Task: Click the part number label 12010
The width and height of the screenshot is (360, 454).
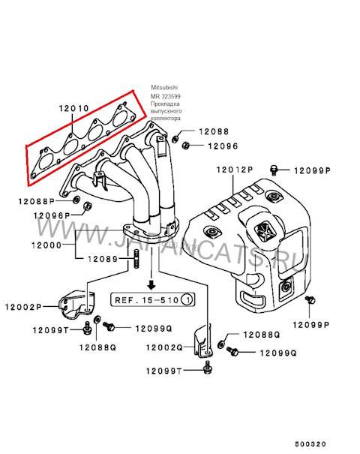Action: click(x=75, y=108)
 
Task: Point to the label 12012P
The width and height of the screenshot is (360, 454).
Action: click(x=235, y=171)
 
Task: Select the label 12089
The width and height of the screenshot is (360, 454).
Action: click(x=101, y=260)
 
